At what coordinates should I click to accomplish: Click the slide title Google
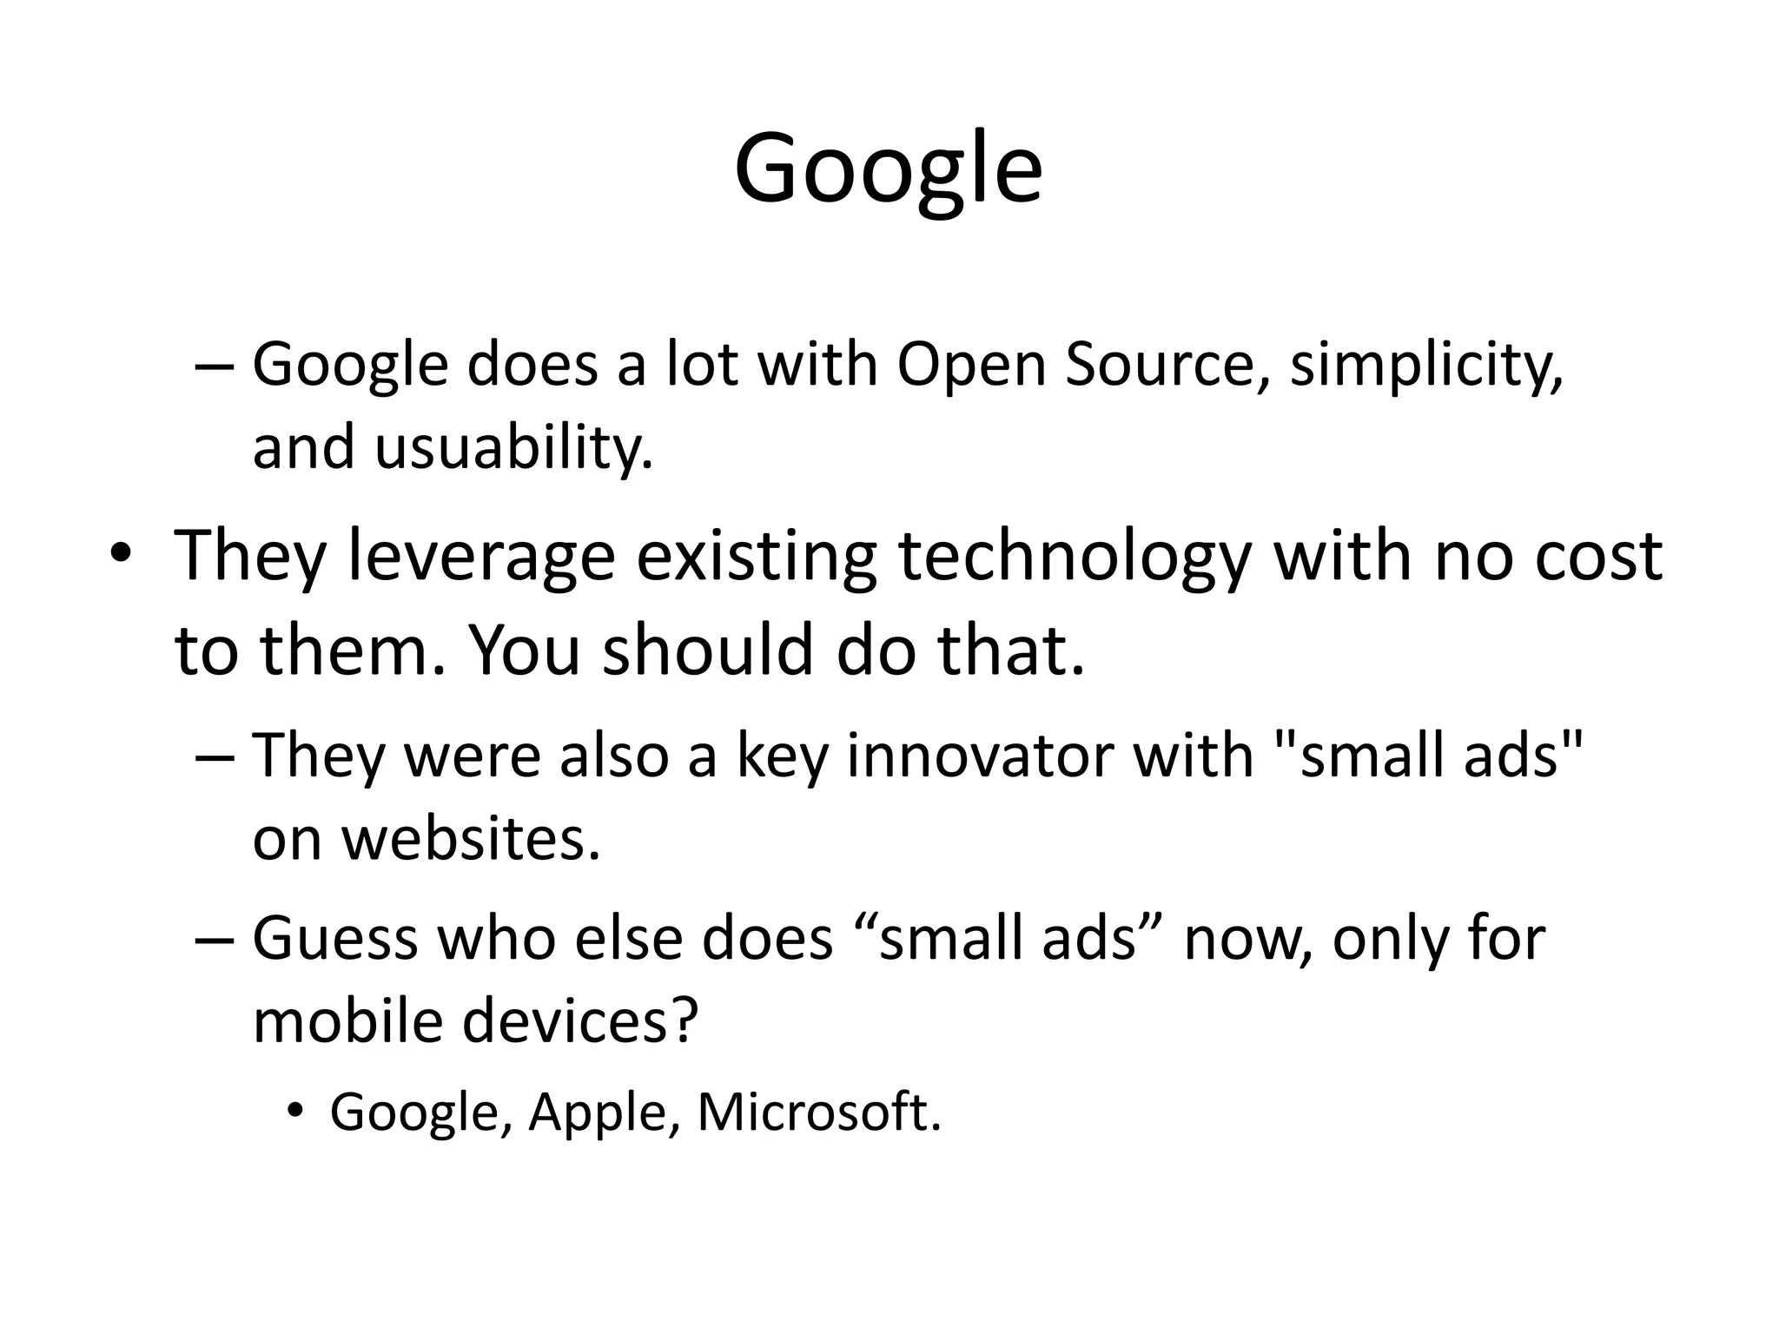pos(888,169)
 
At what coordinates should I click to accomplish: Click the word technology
pos(1074,556)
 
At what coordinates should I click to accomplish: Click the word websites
pos(470,839)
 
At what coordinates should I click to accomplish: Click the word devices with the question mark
pos(580,1021)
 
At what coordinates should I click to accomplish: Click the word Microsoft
pos(818,1112)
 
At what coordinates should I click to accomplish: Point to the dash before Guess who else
pos(215,941)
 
